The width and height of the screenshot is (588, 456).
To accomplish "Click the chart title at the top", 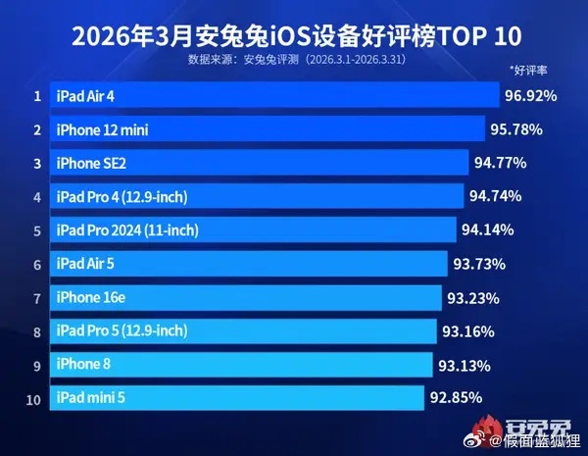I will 293,37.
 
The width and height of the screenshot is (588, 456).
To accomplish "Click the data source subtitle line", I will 293,60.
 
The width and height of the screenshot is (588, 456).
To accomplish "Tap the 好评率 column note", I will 528,72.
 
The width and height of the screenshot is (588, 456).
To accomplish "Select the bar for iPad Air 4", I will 274,95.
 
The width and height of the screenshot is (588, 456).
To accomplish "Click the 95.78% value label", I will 516,129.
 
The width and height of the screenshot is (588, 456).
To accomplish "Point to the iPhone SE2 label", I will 94,163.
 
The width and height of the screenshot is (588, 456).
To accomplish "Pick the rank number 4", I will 36,197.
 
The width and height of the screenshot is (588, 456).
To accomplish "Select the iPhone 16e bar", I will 245,297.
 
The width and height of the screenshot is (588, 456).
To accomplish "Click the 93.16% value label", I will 469,331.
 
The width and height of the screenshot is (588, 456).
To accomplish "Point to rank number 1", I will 36,96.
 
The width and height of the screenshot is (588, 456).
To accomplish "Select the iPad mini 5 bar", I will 235,398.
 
